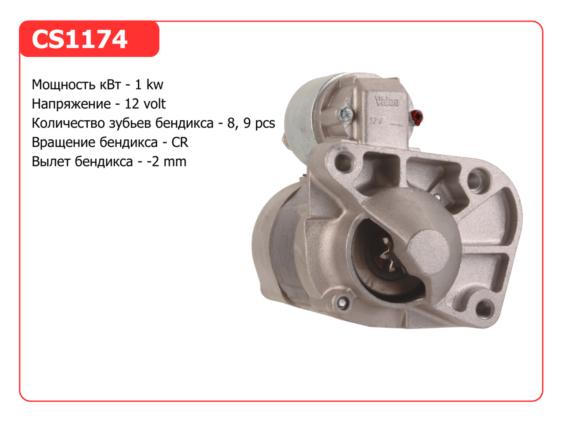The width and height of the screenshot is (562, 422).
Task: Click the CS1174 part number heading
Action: click(79, 39)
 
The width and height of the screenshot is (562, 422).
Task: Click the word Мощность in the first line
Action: click(76, 85)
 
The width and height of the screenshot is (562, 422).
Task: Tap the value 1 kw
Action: click(149, 84)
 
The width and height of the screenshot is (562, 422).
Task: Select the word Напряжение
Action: click(71, 104)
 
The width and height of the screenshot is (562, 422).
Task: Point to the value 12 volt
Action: click(145, 104)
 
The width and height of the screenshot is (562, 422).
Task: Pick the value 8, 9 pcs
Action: click(251, 123)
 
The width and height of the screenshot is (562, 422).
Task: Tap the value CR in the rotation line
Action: click(180, 142)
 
